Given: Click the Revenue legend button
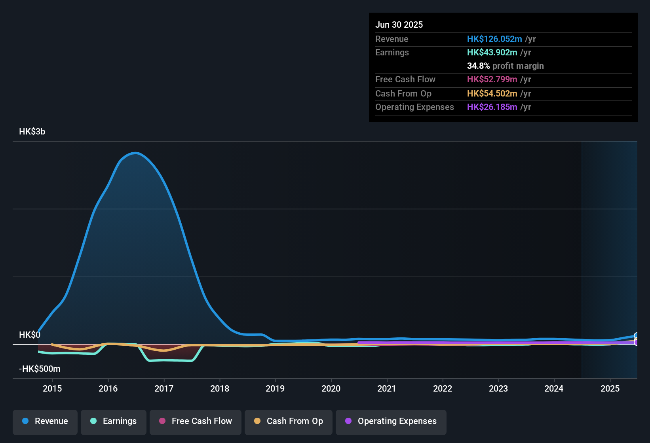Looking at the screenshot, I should coord(45,421).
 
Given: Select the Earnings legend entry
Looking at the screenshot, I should coord(114,421).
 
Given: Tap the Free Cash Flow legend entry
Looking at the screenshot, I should coord(196,421).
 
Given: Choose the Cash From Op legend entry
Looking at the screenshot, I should coord(289,421).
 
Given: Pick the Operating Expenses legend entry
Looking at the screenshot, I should coord(391,421).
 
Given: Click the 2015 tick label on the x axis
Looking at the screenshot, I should coord(52,388).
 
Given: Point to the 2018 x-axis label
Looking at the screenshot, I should coord(220,388).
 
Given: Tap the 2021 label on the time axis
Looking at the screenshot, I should coord(387,388).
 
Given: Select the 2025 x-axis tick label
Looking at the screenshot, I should coord(610,388).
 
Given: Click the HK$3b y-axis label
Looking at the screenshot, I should coord(32,132).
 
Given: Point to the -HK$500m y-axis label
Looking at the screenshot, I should coord(40,369).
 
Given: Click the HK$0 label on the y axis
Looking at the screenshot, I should coord(30,335).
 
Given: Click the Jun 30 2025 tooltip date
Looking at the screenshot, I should coord(399,25).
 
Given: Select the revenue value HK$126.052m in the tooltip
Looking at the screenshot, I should coord(494,39).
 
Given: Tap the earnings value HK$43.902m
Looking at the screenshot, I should coord(492,53).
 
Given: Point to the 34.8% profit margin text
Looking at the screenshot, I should coord(505,66).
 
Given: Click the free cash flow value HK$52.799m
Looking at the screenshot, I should coord(492,80).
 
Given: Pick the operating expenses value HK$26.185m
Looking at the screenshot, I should coord(492,107).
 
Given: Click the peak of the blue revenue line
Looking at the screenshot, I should coord(135,153).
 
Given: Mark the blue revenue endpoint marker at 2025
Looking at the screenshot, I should coord(636,336).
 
